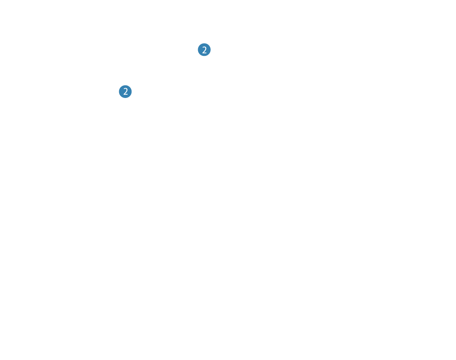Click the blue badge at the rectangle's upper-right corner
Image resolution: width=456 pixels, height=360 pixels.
(204, 50)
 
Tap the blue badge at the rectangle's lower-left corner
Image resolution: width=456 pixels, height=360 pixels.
(125, 92)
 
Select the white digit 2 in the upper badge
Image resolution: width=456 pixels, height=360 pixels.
(204, 50)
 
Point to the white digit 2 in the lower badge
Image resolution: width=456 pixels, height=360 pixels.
(125, 92)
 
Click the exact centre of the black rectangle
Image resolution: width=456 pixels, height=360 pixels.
(165, 70)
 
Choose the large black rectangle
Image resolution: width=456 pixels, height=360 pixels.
(165, 70)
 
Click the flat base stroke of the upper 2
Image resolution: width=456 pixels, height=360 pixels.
(204, 53)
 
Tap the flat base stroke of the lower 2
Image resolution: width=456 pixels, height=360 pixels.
(126, 95)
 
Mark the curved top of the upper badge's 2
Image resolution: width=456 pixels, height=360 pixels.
(204, 47)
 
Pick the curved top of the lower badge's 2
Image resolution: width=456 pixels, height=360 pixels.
(125, 89)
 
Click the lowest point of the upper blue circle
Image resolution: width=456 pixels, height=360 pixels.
(204, 56)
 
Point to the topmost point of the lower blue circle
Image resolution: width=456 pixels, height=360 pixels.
(125, 85)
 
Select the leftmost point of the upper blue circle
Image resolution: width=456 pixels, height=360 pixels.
(198, 50)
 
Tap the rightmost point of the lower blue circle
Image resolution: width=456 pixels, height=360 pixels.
(132, 92)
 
